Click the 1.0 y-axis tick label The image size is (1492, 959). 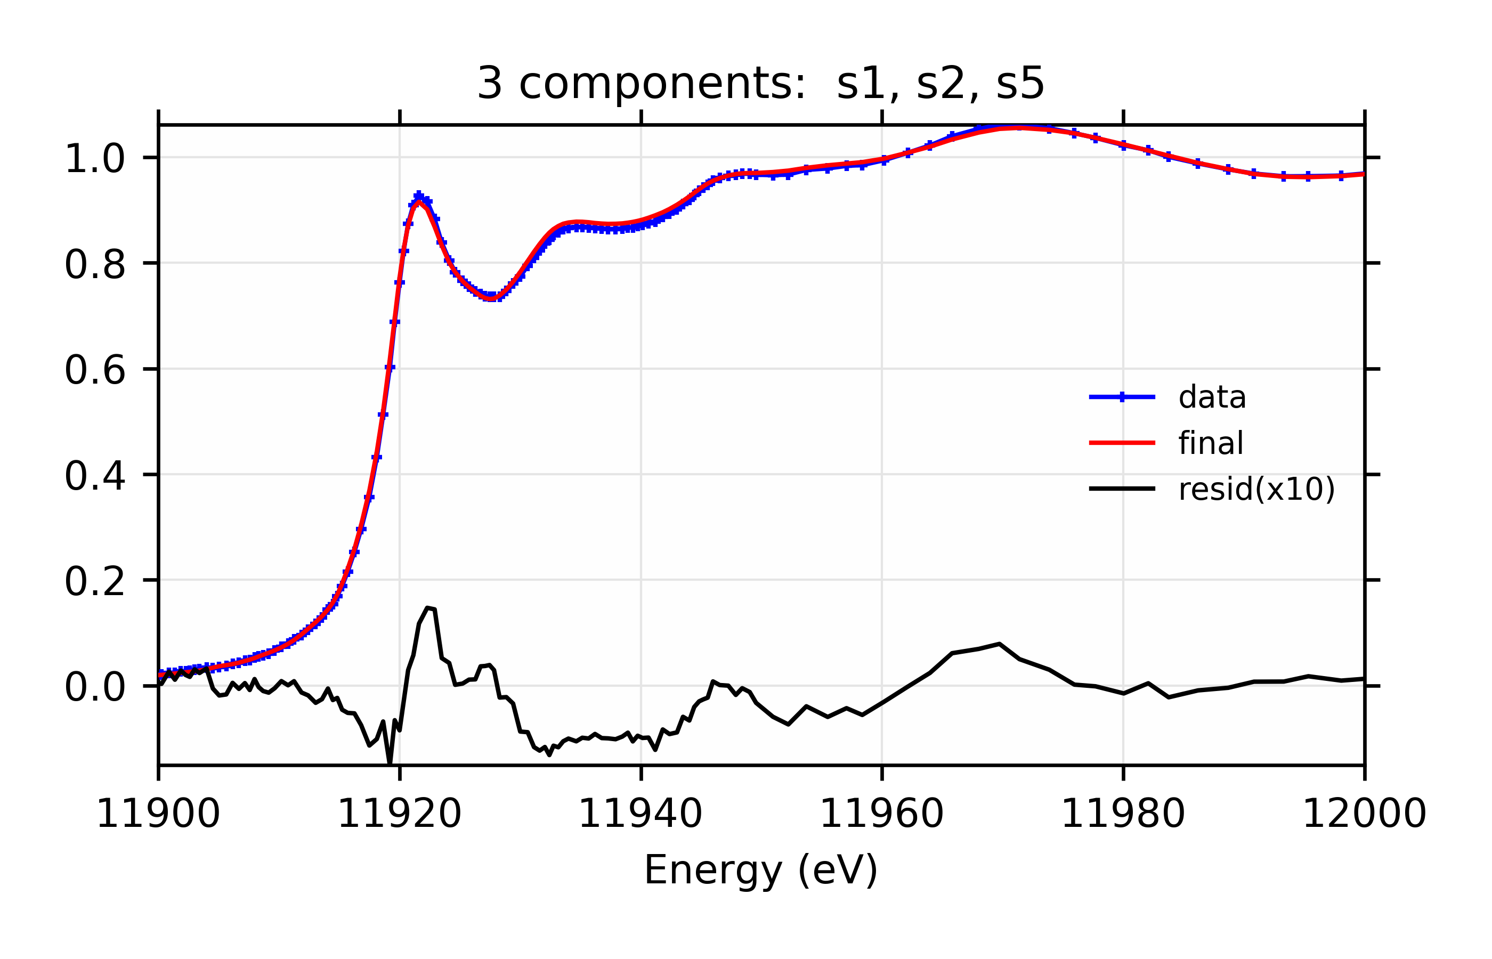95,159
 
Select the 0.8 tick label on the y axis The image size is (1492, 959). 95,265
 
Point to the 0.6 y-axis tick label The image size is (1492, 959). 95,370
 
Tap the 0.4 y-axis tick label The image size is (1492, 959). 95,476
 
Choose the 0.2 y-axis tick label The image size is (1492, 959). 95,582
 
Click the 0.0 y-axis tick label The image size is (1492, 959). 95,687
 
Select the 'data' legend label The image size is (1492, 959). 1212,397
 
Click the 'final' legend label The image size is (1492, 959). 1211,443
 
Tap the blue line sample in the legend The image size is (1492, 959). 1122,397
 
